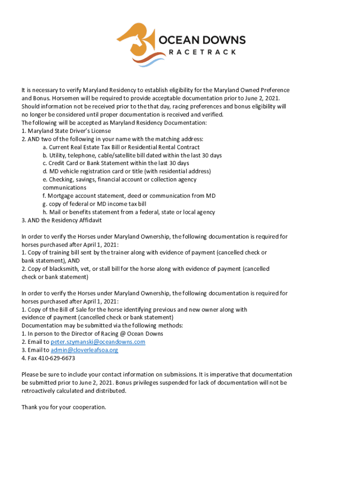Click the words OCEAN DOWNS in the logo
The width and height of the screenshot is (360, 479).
[x=202, y=40]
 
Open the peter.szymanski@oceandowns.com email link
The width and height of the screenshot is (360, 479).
[x=98, y=342]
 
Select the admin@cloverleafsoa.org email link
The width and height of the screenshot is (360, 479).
[x=84, y=350]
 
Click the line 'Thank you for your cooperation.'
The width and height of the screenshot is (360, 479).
[x=64, y=407]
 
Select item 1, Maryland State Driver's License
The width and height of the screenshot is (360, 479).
[x=66, y=131]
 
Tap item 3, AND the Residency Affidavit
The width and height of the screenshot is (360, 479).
[x=61, y=220]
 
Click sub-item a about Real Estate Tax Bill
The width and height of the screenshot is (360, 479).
[x=121, y=147]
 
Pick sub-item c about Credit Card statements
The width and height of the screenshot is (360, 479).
[x=115, y=163]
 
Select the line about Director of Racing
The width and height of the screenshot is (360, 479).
[x=92, y=334]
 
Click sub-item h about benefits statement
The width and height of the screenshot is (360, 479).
[x=129, y=212]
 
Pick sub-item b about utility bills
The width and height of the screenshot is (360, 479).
[x=132, y=155]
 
